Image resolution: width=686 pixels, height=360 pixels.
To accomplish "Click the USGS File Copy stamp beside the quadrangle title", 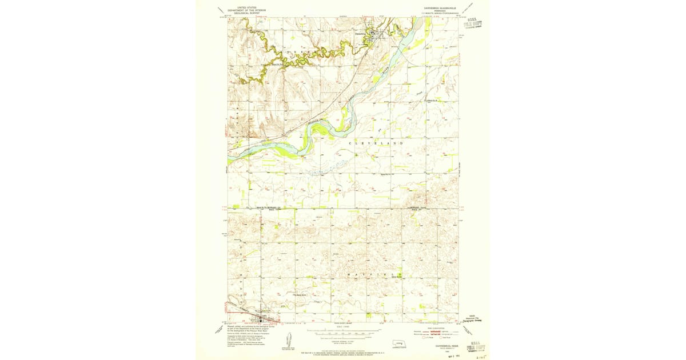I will pos(472,23).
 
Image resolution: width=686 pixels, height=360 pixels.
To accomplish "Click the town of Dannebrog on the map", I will pos(374,35).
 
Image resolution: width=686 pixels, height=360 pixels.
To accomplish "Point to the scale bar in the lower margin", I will pos(343,331).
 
